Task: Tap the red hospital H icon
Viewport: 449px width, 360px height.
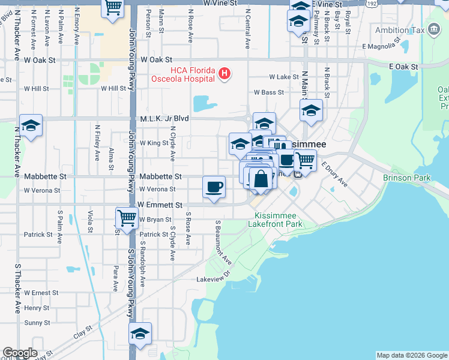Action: [224, 74]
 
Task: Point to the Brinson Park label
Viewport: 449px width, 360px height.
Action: [406, 178]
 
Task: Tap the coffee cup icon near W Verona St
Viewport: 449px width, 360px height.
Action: [214, 187]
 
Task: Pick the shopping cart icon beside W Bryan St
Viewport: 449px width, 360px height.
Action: [126, 218]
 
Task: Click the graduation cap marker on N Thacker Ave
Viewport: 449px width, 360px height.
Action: [31, 125]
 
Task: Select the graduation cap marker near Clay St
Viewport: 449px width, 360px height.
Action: [140, 334]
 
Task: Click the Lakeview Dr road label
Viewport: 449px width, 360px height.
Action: [213, 279]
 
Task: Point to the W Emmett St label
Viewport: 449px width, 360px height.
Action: [160, 205]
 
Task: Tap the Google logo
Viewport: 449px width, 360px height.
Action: [19, 353]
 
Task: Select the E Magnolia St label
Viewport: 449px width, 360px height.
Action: [381, 46]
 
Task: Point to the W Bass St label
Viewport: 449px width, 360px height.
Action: [268, 92]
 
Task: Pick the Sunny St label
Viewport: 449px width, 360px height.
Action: [37, 323]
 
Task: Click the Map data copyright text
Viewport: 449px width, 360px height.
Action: [411, 355]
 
